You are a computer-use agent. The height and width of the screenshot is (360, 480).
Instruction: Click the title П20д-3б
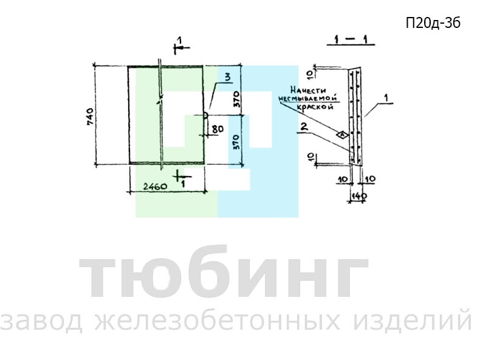[433, 23]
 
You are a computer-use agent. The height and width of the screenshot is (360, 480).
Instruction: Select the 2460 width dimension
[156, 186]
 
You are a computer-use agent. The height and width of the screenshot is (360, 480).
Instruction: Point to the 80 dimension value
[218, 129]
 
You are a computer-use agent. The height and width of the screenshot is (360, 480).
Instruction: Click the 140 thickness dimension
[358, 195]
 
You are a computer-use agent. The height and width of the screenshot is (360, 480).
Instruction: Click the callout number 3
[227, 78]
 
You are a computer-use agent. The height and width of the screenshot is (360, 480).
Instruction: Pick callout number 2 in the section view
[304, 127]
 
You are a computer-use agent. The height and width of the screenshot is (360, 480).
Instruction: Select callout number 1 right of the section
[386, 98]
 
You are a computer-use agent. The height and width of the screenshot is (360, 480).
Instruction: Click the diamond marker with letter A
[342, 134]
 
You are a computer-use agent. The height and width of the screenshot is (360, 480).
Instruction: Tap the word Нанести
[308, 90]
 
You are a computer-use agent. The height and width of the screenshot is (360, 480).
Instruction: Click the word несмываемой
[307, 98]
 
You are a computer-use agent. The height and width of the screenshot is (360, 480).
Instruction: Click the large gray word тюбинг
[224, 273]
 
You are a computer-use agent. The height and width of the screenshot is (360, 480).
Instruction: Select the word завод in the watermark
[42, 321]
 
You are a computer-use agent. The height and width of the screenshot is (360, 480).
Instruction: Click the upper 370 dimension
[237, 99]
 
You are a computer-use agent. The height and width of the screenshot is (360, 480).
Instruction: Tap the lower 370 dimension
[237, 141]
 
